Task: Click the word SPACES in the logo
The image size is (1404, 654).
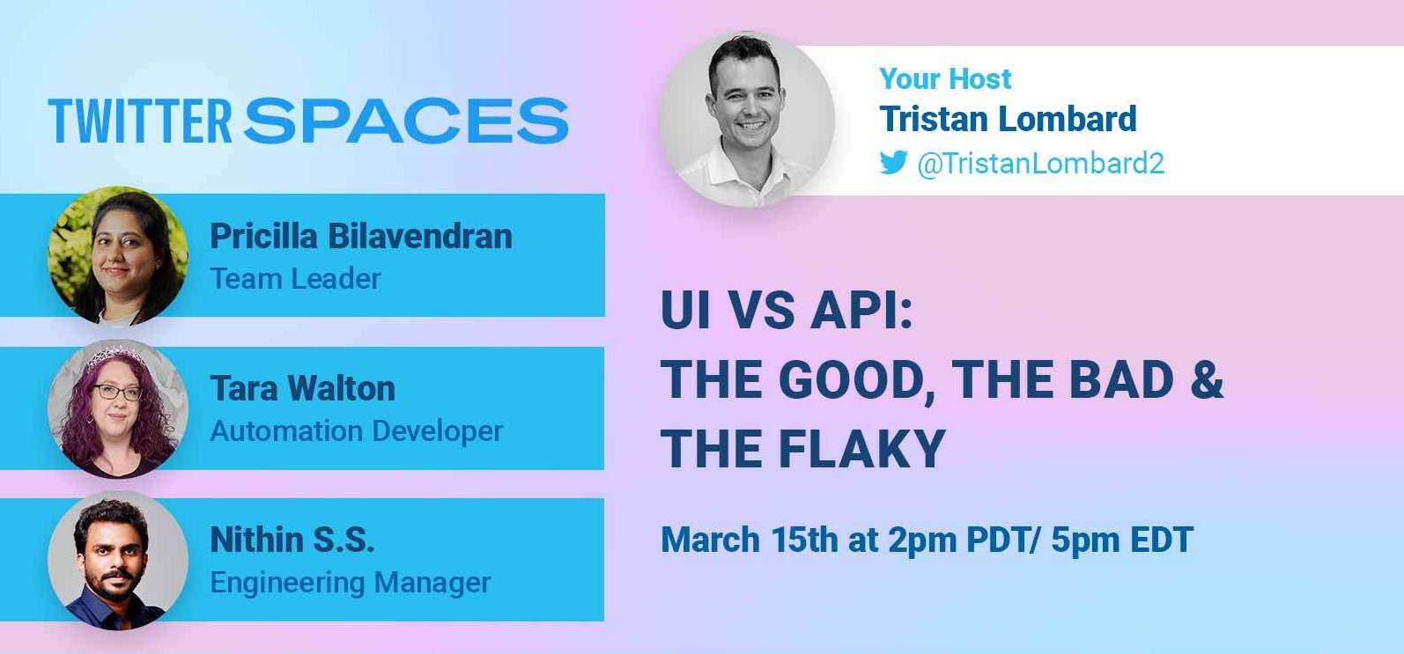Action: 406,121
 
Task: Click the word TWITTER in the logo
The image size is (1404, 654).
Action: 140,121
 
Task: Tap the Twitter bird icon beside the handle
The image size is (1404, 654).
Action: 893,162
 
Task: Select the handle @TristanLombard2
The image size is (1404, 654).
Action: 1040,164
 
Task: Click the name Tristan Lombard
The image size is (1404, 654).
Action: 1008,119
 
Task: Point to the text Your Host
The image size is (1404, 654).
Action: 945,78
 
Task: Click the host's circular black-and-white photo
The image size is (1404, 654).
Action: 747,119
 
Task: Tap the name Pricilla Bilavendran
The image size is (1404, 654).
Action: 361,236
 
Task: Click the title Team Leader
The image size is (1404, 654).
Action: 295,279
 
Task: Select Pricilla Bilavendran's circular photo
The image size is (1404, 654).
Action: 118,255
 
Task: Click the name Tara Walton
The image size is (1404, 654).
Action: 303,388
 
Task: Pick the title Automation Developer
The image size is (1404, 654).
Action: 357,431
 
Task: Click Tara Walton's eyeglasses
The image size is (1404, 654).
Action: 117,393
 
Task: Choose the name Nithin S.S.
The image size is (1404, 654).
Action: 292,540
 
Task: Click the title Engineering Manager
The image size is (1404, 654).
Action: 351,584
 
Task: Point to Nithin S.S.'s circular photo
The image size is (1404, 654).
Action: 118,560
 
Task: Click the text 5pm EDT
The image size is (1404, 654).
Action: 1122,540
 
